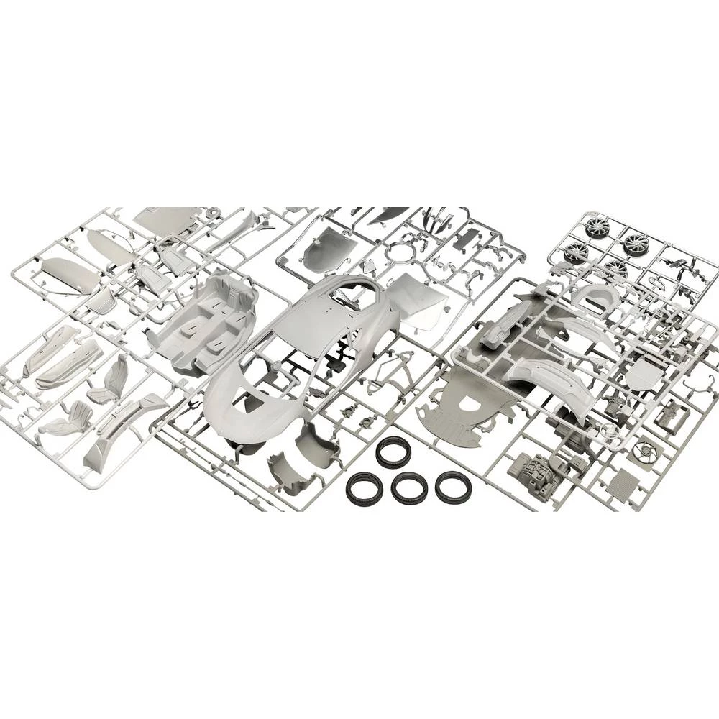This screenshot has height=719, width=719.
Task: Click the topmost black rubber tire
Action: click(393, 451)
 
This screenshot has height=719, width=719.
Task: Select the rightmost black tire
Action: click(453, 487)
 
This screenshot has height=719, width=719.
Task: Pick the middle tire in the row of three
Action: click(409, 490)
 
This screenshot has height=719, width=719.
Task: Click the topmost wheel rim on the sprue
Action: click(596, 228)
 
